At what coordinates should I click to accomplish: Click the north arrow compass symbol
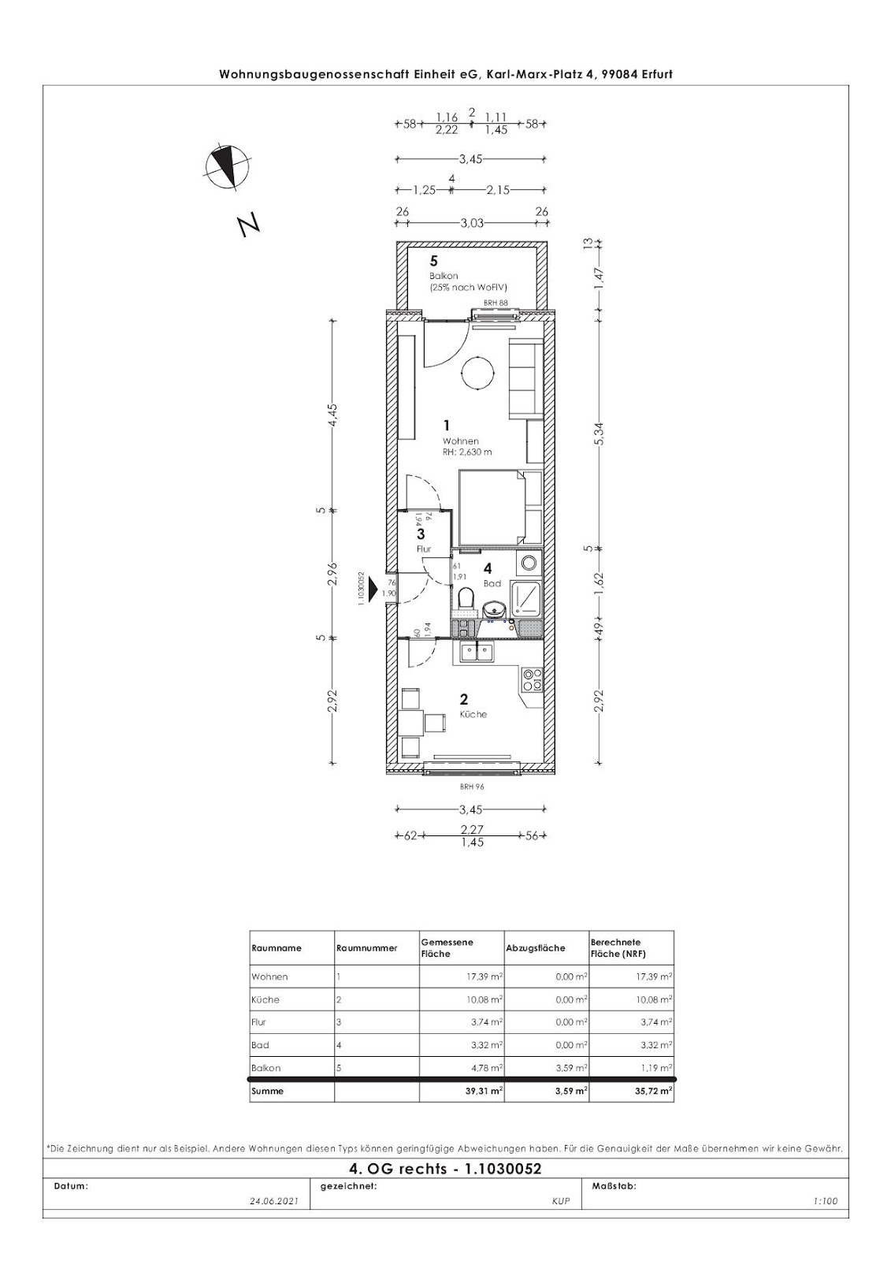tap(227, 166)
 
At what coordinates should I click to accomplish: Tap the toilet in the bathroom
tap(466, 600)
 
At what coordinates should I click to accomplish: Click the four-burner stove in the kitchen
tap(532, 679)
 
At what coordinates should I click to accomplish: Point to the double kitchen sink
tap(476, 652)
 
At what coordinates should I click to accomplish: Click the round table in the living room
tap(478, 371)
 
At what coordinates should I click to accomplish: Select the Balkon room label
tap(444, 276)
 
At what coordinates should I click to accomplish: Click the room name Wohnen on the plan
tap(460, 441)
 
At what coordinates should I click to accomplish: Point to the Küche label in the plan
tap(473, 714)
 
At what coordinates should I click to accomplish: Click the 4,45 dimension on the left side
tap(333, 415)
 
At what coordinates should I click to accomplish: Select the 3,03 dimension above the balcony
tap(472, 224)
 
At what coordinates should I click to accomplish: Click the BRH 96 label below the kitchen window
tap(472, 787)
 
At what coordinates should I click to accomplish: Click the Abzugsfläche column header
tap(536, 948)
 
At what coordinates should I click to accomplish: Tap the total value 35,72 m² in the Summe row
tap(654, 1091)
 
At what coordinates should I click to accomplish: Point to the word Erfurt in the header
tap(655, 74)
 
